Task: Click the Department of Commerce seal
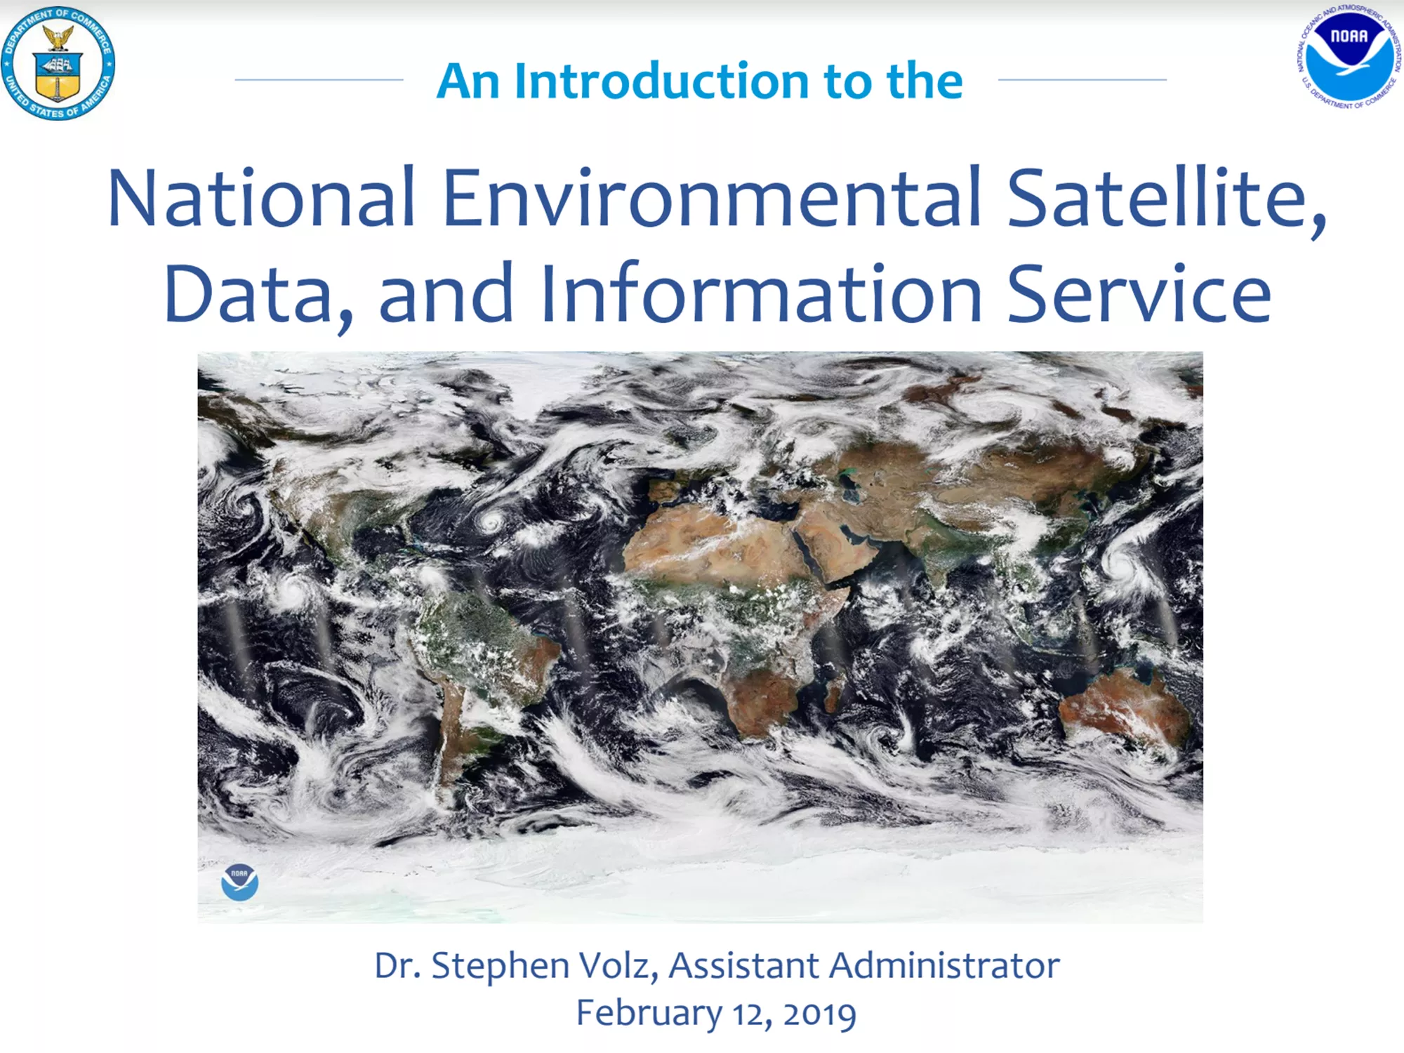[58, 62]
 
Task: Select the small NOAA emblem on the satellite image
[239, 882]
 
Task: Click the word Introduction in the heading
[661, 81]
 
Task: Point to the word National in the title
[261, 197]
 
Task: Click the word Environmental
[711, 197]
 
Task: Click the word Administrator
[945, 965]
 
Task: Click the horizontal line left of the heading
[319, 79]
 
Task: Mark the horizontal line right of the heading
[1082, 79]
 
